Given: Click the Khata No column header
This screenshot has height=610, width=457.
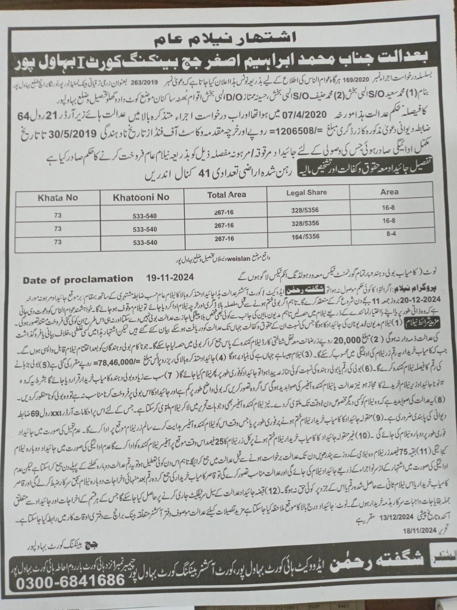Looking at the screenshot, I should pyautogui.click(x=58, y=198).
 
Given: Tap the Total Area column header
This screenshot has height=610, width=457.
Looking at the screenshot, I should pyautogui.click(x=226, y=195).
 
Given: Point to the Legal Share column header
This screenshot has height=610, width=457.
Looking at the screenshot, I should pyautogui.click(x=306, y=193).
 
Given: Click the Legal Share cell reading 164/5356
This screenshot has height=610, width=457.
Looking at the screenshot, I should pyautogui.click(x=305, y=236).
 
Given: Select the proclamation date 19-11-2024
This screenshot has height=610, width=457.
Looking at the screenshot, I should pyautogui.click(x=170, y=277).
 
